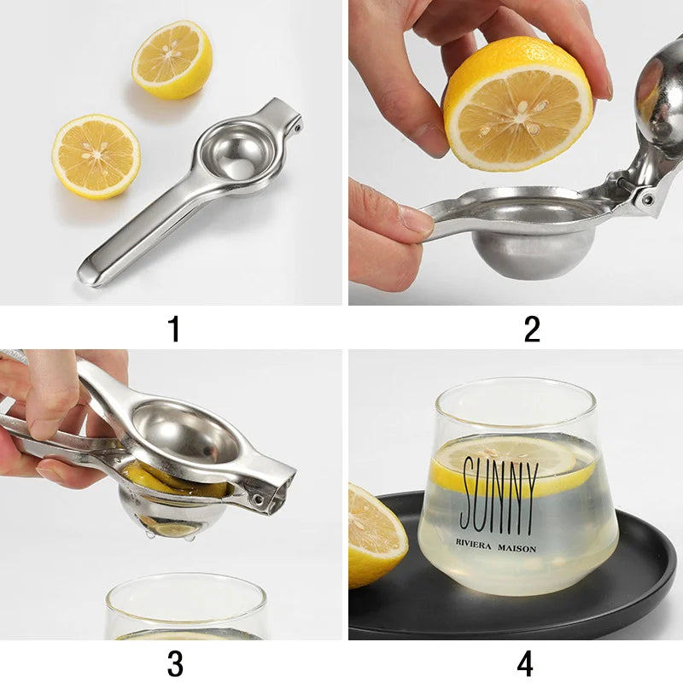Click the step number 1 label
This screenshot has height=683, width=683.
tap(174, 328)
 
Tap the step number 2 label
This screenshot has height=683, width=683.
tap(532, 328)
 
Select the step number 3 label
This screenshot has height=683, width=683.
tap(174, 663)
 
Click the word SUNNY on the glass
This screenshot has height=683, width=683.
tap(499, 495)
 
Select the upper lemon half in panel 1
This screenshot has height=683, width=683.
tap(172, 59)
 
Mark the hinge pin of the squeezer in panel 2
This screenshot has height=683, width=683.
tap(647, 198)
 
